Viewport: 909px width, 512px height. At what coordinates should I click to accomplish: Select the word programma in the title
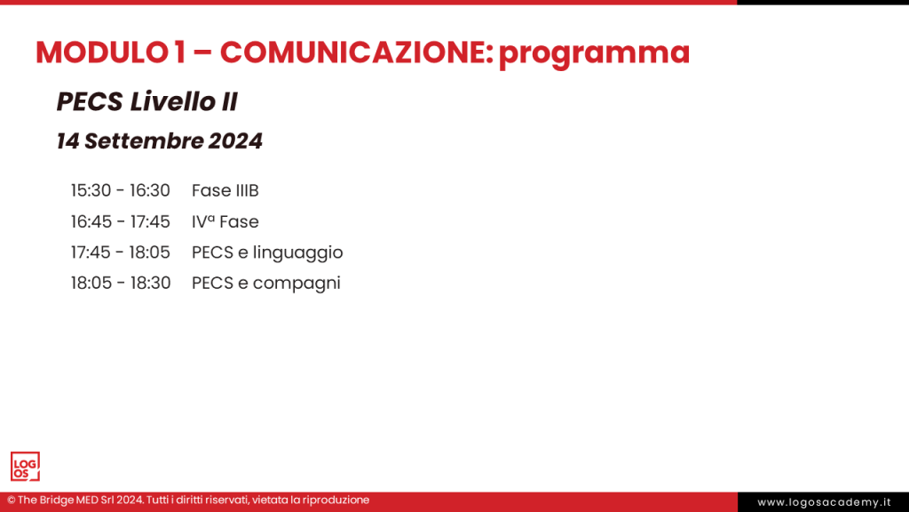(x=594, y=54)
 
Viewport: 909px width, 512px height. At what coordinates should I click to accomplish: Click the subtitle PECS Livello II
(x=146, y=102)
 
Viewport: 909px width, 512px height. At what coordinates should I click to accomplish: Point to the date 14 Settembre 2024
(x=159, y=140)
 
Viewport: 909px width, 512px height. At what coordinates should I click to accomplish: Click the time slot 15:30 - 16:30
(x=120, y=190)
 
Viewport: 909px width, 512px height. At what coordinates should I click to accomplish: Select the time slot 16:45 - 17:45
(x=120, y=221)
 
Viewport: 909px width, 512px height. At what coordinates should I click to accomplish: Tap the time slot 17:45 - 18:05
(x=120, y=252)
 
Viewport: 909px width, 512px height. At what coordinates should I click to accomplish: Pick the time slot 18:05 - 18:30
(x=120, y=284)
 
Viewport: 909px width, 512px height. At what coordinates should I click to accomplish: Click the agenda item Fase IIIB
(x=225, y=190)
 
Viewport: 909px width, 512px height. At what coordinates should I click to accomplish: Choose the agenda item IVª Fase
(x=225, y=221)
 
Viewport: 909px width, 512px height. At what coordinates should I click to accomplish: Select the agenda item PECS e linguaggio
(x=267, y=252)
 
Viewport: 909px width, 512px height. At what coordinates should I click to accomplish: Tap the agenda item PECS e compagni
(x=265, y=284)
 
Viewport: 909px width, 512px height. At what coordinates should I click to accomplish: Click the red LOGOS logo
(x=25, y=467)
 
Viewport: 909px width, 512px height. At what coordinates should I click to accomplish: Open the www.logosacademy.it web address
(x=823, y=502)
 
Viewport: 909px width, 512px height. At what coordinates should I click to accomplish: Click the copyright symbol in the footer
(x=12, y=500)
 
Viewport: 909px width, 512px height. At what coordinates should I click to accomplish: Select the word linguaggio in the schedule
(x=297, y=253)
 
